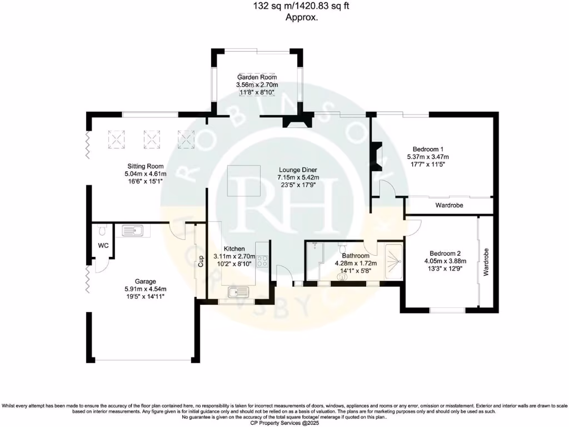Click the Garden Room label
tap(257, 77)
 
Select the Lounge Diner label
tap(298, 170)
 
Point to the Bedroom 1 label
tap(427, 149)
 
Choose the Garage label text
tap(145, 281)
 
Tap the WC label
tap(103, 245)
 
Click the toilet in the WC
tap(101, 230)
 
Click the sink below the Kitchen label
tap(238, 291)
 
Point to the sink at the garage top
tap(132, 230)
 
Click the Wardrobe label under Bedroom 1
tap(449, 206)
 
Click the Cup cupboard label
tap(201, 261)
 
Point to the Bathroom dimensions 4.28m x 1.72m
tap(356, 264)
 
